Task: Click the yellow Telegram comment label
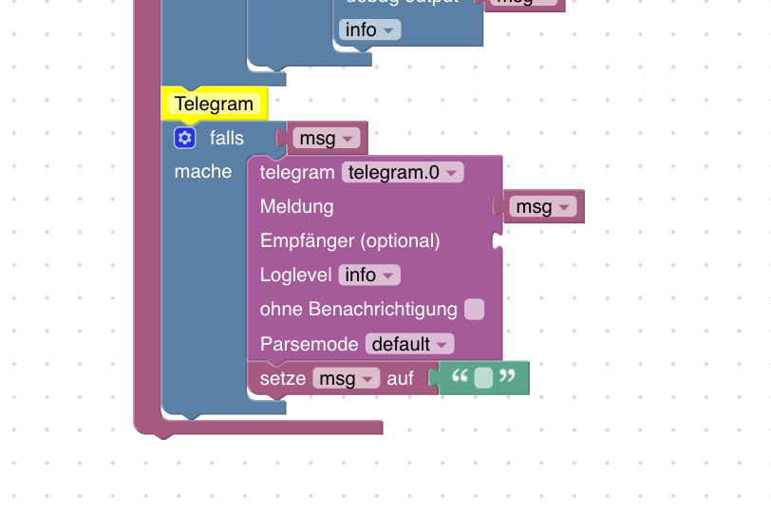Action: (x=214, y=104)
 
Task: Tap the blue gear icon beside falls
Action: (x=184, y=139)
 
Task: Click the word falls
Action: (x=227, y=139)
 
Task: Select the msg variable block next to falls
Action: (x=327, y=139)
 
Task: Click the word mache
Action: (x=203, y=172)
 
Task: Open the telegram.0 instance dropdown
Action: (x=403, y=172)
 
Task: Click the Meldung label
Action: (x=296, y=206)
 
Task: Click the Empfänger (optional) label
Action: (x=349, y=240)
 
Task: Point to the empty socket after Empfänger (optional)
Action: (x=497, y=241)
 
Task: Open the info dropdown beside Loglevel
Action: (x=369, y=275)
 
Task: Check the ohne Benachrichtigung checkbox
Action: (x=474, y=309)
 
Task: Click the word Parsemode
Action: (x=310, y=344)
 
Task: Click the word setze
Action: (x=283, y=378)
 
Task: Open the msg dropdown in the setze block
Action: (x=346, y=378)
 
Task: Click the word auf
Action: (x=401, y=378)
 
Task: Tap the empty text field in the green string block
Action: (x=483, y=378)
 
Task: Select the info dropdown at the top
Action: (x=369, y=29)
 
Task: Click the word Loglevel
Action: (x=295, y=275)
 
